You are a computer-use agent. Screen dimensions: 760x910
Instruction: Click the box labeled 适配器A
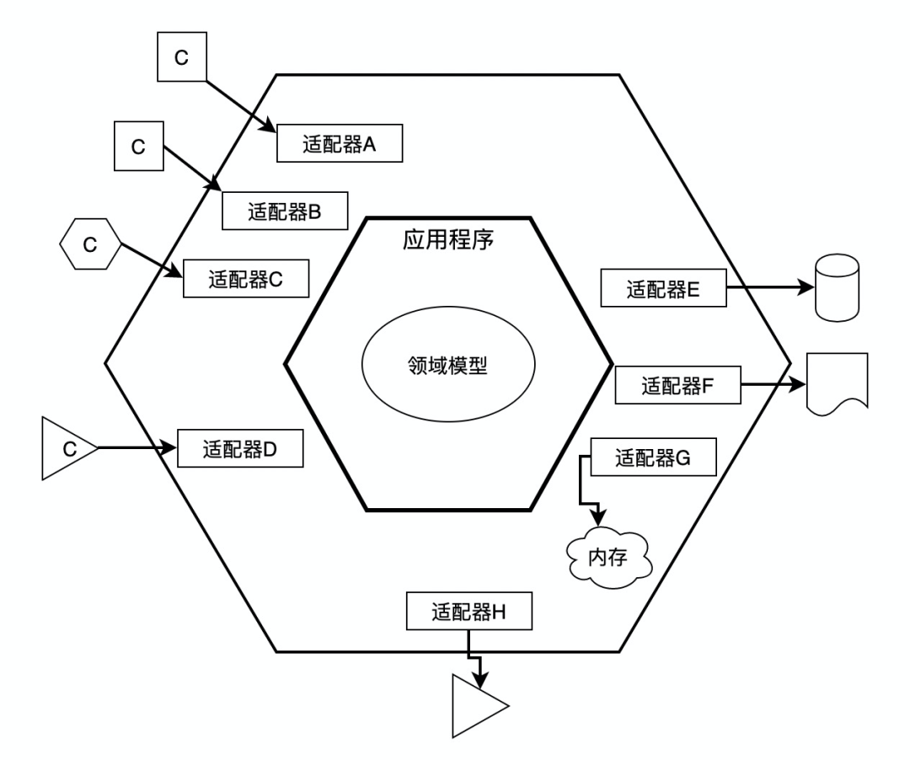[339, 144]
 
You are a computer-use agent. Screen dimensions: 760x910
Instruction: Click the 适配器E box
[664, 289]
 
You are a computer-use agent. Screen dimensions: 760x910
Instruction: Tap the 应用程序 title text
[446, 239]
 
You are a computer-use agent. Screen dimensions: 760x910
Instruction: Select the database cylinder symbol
[838, 287]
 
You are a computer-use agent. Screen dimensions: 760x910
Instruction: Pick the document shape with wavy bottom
[838, 383]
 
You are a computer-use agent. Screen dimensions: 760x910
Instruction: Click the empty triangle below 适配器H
[475, 705]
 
